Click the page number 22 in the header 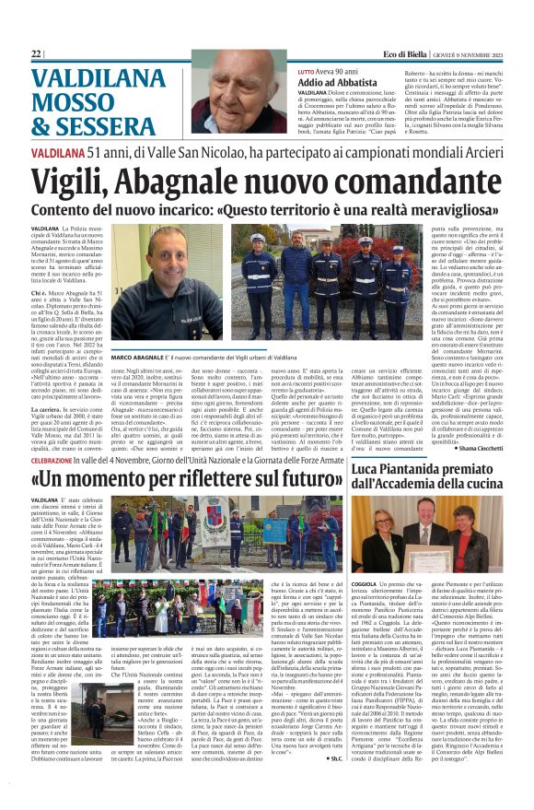(x=37, y=54)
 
